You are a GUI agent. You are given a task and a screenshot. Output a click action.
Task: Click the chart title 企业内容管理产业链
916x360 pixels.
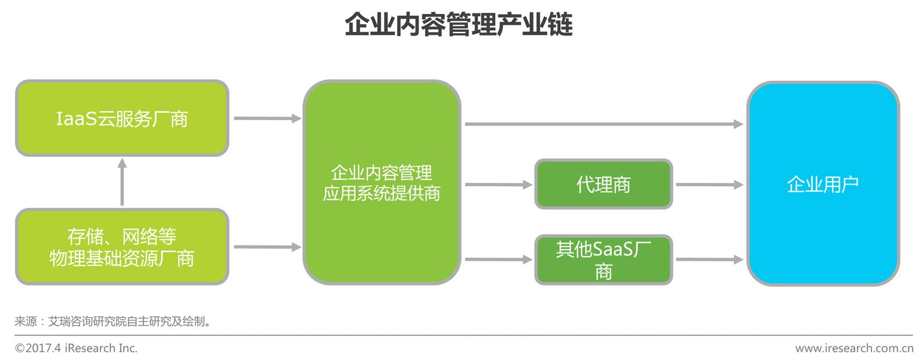(458, 25)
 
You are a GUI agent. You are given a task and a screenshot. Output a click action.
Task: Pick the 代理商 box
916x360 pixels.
(603, 185)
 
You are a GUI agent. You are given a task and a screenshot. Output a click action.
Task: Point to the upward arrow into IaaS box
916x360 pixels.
(122, 182)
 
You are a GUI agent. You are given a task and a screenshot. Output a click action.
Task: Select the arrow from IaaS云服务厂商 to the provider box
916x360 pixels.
(266, 118)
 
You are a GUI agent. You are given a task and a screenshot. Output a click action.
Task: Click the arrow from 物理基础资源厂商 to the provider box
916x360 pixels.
(266, 247)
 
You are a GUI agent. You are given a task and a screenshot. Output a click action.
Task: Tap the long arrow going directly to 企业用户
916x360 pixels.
(604, 124)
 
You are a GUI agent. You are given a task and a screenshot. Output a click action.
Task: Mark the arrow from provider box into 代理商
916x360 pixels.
(498, 185)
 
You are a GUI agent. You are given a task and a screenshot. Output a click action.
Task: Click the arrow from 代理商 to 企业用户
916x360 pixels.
(709, 185)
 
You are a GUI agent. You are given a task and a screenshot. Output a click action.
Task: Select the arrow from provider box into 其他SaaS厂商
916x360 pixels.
(498, 260)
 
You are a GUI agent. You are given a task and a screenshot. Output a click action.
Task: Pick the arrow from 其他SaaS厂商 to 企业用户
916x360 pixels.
(709, 260)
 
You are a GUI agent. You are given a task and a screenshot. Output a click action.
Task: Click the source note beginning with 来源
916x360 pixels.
(113, 321)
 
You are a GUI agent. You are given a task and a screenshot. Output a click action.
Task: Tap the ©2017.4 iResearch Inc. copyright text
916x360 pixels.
(76, 348)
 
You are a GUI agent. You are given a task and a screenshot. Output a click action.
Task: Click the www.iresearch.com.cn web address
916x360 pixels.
(854, 348)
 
